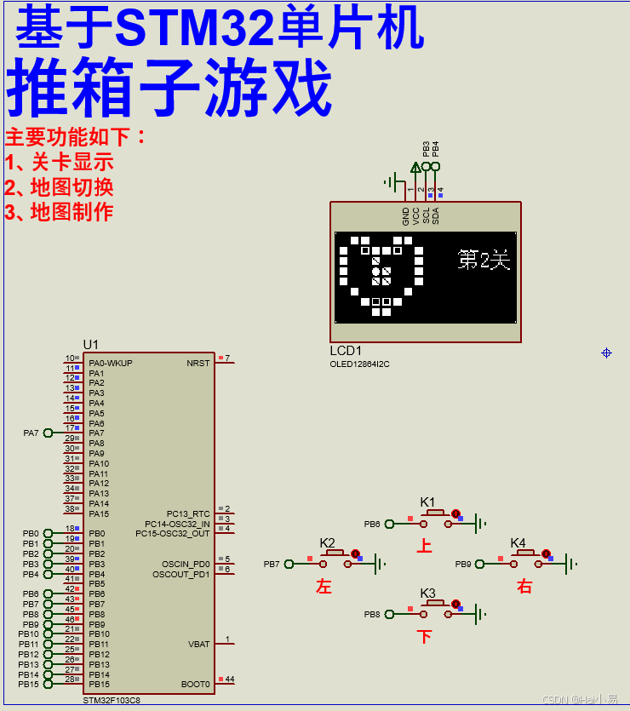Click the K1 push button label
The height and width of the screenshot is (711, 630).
pos(427,502)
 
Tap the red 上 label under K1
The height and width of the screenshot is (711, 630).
pos(424,546)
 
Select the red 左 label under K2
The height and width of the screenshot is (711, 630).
pos(324,586)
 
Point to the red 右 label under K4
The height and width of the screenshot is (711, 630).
pos(524,586)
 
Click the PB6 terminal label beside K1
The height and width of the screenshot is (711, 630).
pos(372,524)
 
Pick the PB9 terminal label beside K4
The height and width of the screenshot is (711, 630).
pos(463,564)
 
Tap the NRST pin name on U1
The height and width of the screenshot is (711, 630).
pos(198,363)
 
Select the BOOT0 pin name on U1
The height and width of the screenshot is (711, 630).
pos(195,684)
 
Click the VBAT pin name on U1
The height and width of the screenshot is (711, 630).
pos(198,645)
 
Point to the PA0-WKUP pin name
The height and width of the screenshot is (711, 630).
pos(111,363)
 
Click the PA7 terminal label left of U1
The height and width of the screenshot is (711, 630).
pos(31,433)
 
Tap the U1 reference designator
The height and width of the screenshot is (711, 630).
pos(90,344)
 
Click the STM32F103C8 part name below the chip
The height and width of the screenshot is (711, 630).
pos(111,700)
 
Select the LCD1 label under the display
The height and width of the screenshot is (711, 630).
pos(346,351)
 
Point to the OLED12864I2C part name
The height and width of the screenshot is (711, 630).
pos(359,364)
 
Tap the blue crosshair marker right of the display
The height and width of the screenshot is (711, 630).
pos(607,353)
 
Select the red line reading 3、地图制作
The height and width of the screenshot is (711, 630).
pos(60,212)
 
